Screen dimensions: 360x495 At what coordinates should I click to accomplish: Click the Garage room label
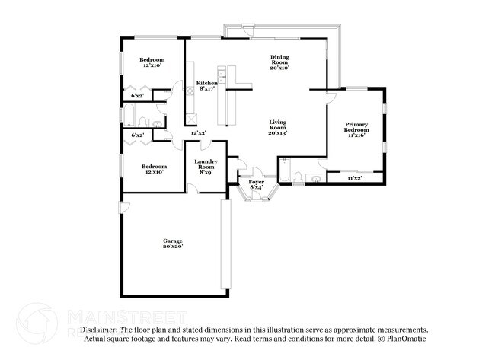[x=172, y=241]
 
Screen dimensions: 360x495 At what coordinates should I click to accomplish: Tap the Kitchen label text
[x=206, y=83]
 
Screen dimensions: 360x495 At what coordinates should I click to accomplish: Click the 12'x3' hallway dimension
[x=198, y=133]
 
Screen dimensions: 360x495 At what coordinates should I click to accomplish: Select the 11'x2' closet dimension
[x=355, y=178]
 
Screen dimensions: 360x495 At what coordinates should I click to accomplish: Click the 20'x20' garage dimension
[x=172, y=246]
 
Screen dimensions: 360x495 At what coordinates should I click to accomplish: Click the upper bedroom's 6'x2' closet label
[x=138, y=96]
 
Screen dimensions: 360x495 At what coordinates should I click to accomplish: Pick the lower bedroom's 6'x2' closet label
[x=138, y=135]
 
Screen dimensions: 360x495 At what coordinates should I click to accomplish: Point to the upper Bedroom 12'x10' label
[x=150, y=62]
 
